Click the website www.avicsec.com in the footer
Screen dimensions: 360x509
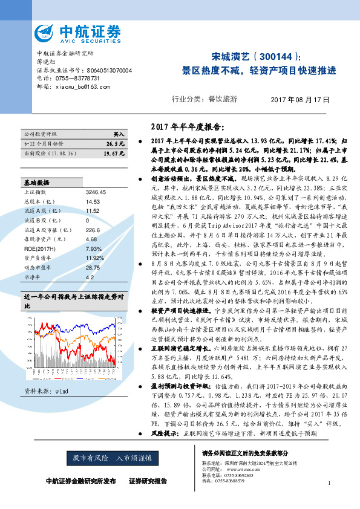click(236, 468)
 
